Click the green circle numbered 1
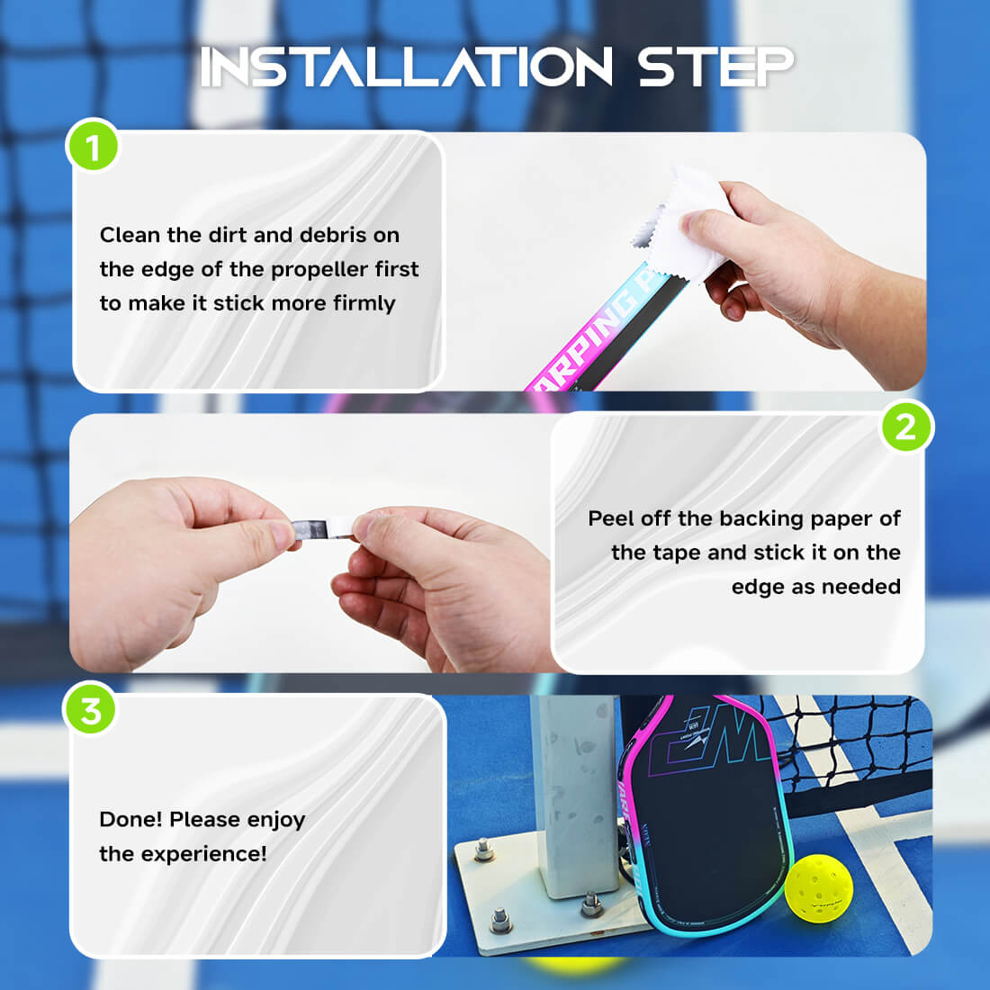click(93, 146)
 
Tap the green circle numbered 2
click(905, 427)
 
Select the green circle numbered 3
click(91, 710)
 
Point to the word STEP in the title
click(716, 67)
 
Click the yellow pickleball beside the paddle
click(818, 886)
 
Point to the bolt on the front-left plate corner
click(499, 918)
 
